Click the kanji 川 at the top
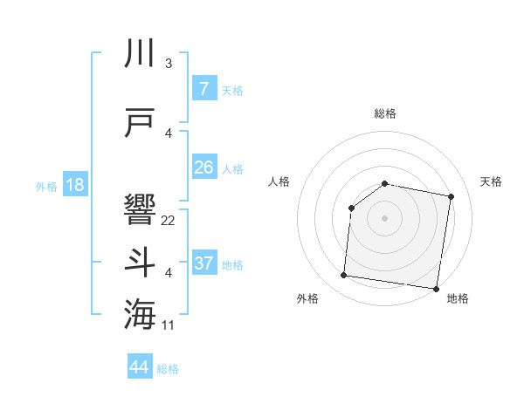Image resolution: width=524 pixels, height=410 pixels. point(141,53)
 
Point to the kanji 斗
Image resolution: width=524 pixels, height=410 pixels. point(141,263)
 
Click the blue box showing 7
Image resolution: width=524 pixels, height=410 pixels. point(203,88)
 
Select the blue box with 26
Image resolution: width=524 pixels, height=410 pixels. point(203,167)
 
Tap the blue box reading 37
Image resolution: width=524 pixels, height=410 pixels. point(203,263)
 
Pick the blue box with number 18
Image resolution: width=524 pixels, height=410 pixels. point(74,185)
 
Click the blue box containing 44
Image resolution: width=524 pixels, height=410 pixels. point(140,367)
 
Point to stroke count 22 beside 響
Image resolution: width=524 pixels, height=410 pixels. point(169,221)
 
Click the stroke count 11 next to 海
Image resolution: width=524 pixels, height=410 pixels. point(169,325)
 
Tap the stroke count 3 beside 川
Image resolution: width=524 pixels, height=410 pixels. point(168,64)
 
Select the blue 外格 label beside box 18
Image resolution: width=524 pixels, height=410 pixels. point(45,186)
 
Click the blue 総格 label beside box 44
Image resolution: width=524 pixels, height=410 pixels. point(168,369)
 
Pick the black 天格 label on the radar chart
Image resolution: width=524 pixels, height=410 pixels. point(491,181)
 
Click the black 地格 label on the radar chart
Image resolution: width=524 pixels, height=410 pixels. point(458,299)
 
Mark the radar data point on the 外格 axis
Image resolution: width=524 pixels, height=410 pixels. point(343,276)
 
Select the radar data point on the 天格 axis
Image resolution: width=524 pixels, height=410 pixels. point(451,196)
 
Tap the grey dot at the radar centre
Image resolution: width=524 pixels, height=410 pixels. point(384,217)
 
